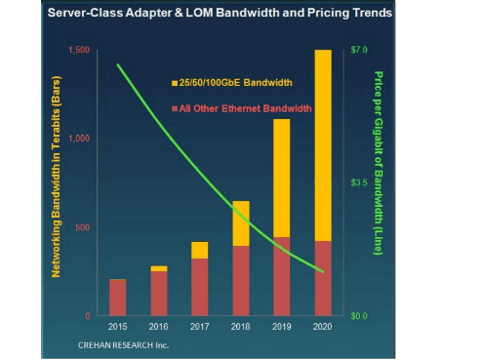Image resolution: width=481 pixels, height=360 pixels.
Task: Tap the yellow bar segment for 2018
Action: (x=240, y=223)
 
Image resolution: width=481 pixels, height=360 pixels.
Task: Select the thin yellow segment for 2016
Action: (x=158, y=268)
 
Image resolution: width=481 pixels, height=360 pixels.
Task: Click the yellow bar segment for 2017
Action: (x=199, y=250)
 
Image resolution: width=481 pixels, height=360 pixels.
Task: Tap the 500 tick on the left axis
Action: (x=84, y=228)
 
